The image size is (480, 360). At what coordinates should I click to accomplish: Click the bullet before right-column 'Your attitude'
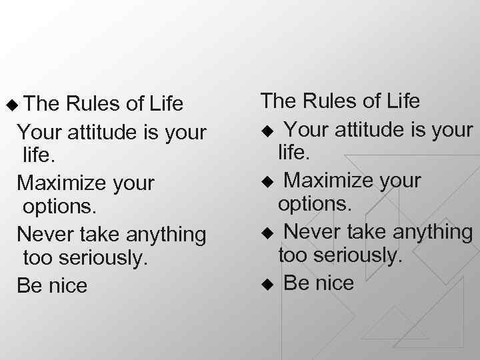[267, 129]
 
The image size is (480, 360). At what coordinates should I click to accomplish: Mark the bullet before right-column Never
[267, 233]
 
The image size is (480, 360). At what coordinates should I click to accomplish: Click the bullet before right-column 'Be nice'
[267, 284]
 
